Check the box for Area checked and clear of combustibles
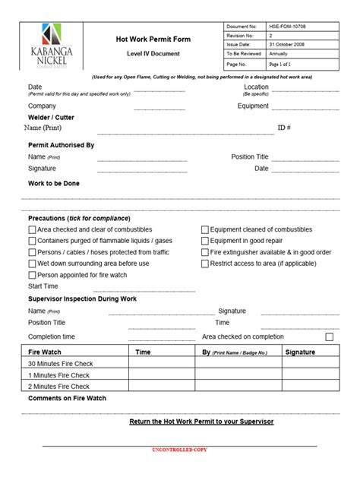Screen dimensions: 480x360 click(32, 229)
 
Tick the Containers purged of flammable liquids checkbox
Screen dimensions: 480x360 click(32, 241)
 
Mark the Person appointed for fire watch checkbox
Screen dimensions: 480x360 click(32, 275)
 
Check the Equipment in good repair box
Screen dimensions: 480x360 click(205, 241)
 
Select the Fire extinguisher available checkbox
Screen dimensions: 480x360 click(205, 252)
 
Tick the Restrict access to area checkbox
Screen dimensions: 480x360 click(205, 264)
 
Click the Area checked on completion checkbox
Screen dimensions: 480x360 click(329, 336)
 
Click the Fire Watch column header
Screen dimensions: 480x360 click(45, 352)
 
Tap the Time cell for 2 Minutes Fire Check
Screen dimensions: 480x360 click(161, 386)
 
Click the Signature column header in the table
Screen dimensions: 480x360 click(300, 352)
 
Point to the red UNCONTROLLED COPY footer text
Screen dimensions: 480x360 click(179, 451)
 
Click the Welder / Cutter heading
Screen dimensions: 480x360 click(51, 118)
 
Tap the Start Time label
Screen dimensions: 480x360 click(43, 286)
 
